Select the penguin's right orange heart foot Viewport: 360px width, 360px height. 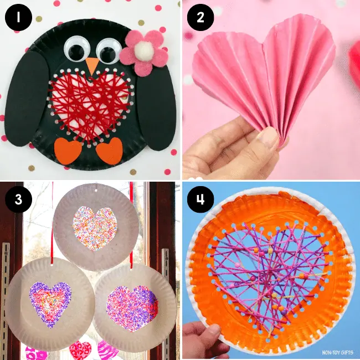109,150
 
